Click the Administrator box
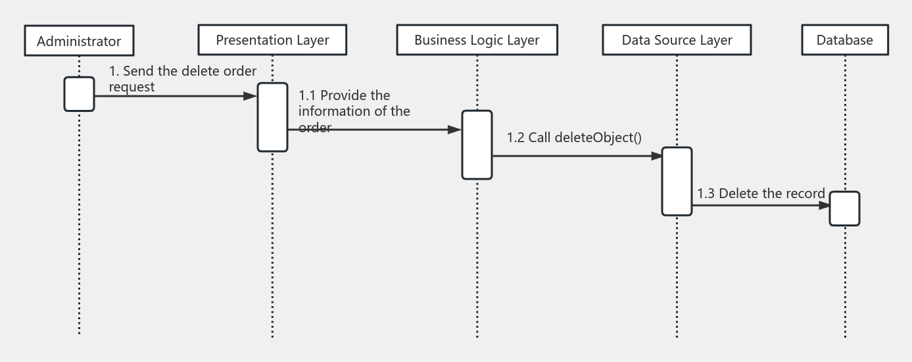(79, 41)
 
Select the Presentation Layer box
(272, 40)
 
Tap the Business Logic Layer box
(477, 40)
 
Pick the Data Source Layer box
(677, 40)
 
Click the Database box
(844, 40)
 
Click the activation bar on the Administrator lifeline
(79, 94)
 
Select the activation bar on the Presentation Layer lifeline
(272, 117)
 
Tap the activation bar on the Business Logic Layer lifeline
(477, 144)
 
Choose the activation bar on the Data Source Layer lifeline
(677, 181)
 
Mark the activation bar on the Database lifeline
(844, 208)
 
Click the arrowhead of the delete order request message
(250, 96)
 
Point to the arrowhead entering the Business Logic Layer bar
(454, 130)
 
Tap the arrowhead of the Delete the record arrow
(823, 205)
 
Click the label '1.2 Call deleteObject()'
(573, 138)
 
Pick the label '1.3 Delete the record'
(761, 193)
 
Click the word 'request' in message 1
(132, 86)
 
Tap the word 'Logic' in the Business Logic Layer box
(487, 40)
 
